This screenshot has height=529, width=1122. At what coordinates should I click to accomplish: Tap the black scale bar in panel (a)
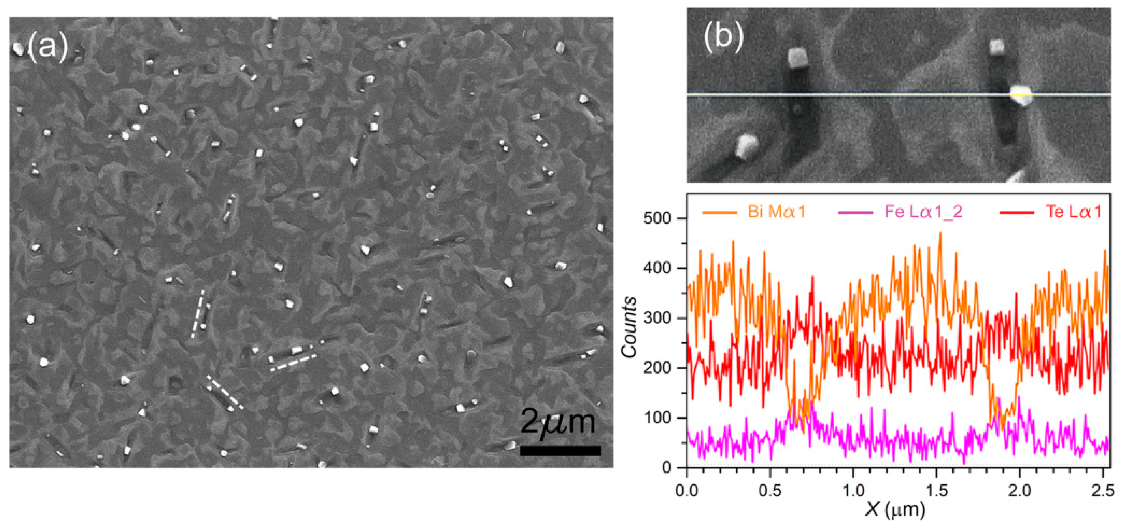coord(560,450)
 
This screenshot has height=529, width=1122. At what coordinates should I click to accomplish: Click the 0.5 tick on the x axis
coord(770,491)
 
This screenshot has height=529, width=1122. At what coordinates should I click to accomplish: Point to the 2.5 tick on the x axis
coord(1103,491)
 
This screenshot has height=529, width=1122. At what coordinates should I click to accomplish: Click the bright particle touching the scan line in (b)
coord(1021,96)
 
